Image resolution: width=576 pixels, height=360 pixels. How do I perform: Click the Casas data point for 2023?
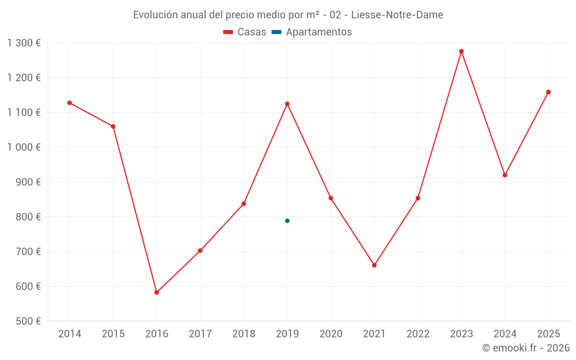click(x=461, y=51)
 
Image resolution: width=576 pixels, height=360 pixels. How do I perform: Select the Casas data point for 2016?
click(x=157, y=293)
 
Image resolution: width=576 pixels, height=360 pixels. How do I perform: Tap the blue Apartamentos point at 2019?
click(x=287, y=221)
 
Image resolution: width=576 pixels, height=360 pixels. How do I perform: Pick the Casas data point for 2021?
click(x=374, y=266)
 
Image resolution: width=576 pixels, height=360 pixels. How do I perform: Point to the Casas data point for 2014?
click(x=70, y=103)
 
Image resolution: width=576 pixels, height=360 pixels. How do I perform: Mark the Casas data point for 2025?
click(x=548, y=92)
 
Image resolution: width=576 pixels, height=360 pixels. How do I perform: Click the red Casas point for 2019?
click(x=287, y=104)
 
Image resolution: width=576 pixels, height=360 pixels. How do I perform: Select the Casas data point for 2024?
click(x=505, y=175)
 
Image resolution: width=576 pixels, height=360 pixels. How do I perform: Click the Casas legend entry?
click(x=245, y=32)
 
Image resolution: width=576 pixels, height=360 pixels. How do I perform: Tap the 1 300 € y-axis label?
click(x=24, y=43)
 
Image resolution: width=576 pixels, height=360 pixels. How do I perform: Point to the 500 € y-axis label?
click(x=28, y=321)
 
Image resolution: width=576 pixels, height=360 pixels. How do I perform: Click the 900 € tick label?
click(x=28, y=182)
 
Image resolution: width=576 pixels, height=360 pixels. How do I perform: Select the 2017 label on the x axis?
click(x=200, y=334)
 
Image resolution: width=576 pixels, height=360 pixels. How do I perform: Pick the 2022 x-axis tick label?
click(x=418, y=334)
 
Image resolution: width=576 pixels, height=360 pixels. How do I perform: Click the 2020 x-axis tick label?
click(x=331, y=334)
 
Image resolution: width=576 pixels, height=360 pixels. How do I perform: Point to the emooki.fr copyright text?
click(x=526, y=348)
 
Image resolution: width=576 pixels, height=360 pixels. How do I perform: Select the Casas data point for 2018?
click(x=244, y=204)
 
